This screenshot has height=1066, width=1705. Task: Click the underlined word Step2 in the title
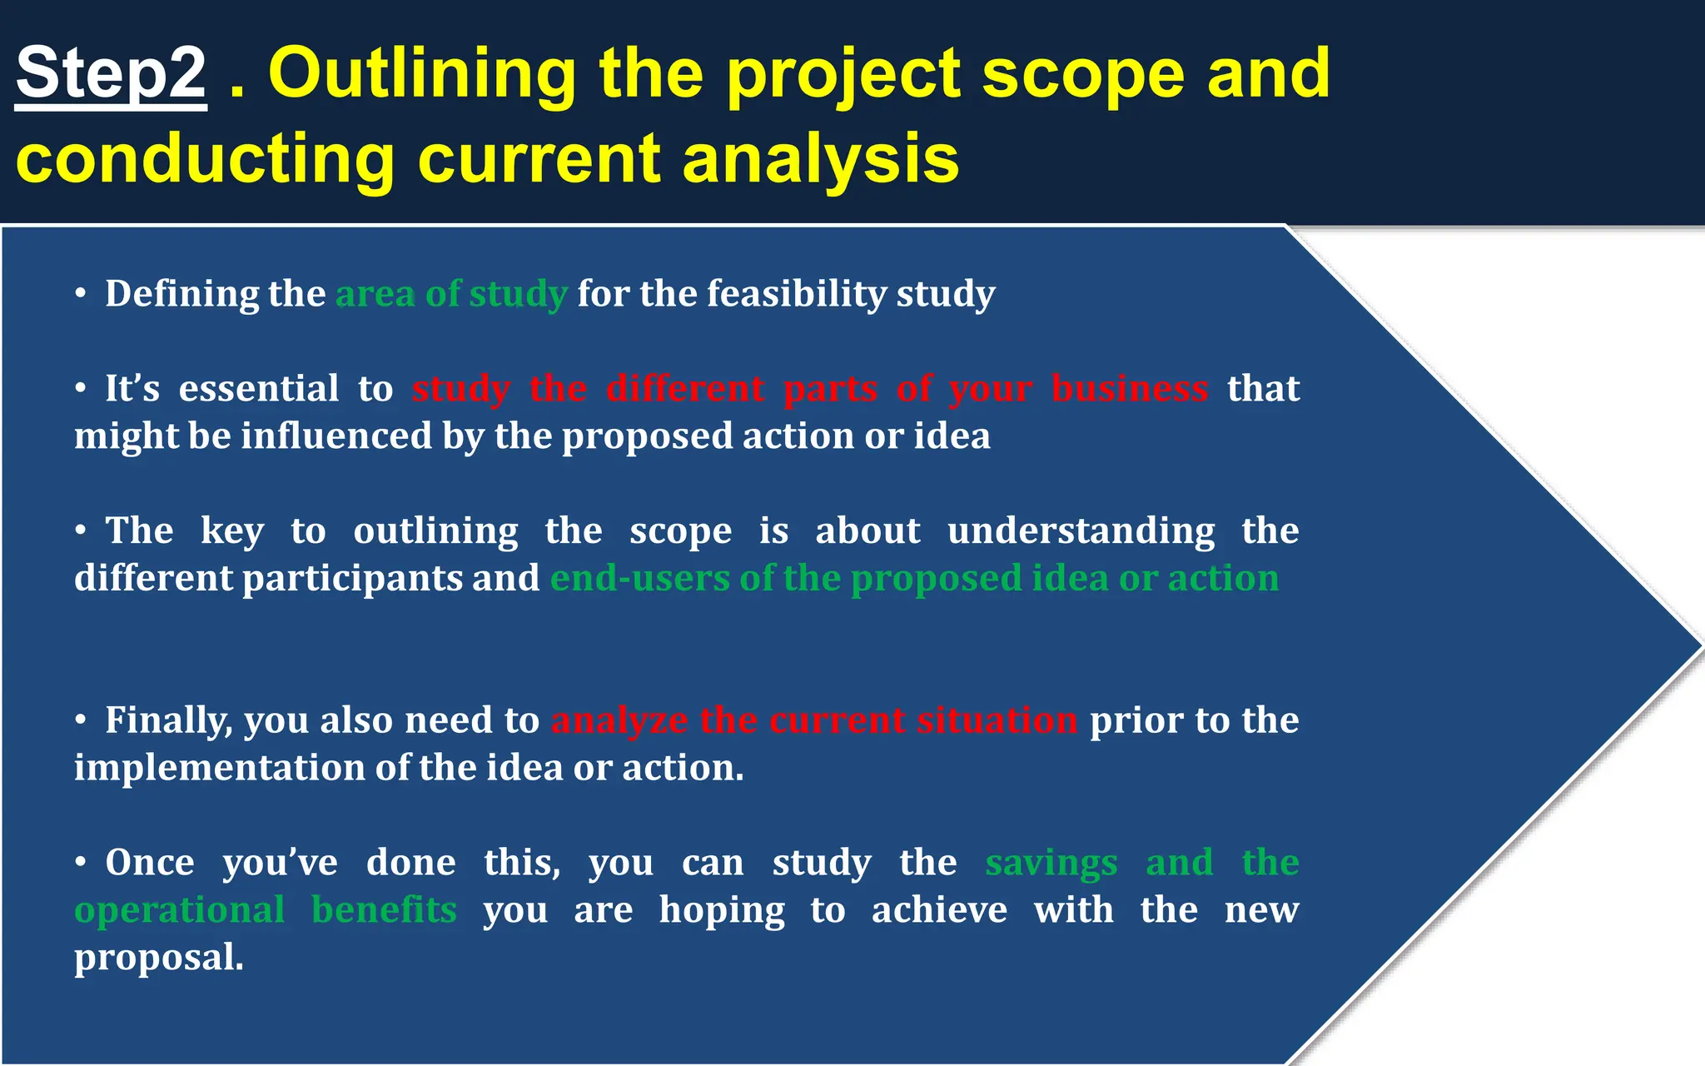(111, 73)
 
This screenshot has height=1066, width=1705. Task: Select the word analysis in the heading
(820, 160)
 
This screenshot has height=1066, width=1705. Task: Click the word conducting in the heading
(205, 160)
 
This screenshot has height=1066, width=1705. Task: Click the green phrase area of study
(451, 294)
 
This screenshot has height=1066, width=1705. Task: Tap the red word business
(1129, 389)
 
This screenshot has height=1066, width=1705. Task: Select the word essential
(259, 389)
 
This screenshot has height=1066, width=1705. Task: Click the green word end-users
(639, 579)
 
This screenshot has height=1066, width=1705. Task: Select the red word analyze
(619, 721)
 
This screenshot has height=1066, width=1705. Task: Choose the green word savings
(1051, 864)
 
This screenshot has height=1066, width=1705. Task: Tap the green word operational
(180, 910)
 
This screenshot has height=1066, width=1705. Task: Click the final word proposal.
(158, 958)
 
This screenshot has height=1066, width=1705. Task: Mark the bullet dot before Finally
(81, 720)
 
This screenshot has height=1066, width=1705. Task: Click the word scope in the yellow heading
(1083, 75)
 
